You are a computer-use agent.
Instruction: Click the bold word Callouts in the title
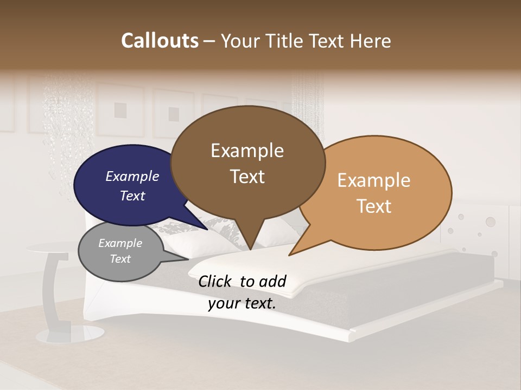click(x=160, y=41)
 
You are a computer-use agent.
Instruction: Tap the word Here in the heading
click(x=369, y=41)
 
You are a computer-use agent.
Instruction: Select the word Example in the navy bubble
click(x=132, y=176)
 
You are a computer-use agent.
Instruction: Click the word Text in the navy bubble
click(x=132, y=196)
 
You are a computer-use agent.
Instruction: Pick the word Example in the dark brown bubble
click(x=247, y=151)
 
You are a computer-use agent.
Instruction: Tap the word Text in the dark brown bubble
click(x=247, y=177)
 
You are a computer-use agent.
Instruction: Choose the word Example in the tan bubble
click(x=374, y=180)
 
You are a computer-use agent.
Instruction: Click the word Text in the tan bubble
click(x=374, y=206)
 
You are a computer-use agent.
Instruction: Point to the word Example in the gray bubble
click(x=120, y=243)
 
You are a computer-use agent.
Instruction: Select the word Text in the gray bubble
click(x=120, y=259)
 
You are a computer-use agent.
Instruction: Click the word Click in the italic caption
click(x=216, y=281)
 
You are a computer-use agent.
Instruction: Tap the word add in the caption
click(x=272, y=281)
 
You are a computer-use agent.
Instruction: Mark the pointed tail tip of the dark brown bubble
click(x=250, y=250)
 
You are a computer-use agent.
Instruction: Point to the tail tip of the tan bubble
click(x=289, y=255)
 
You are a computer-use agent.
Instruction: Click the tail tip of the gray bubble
click(x=188, y=260)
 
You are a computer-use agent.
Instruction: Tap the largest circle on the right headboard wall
click(x=491, y=222)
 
